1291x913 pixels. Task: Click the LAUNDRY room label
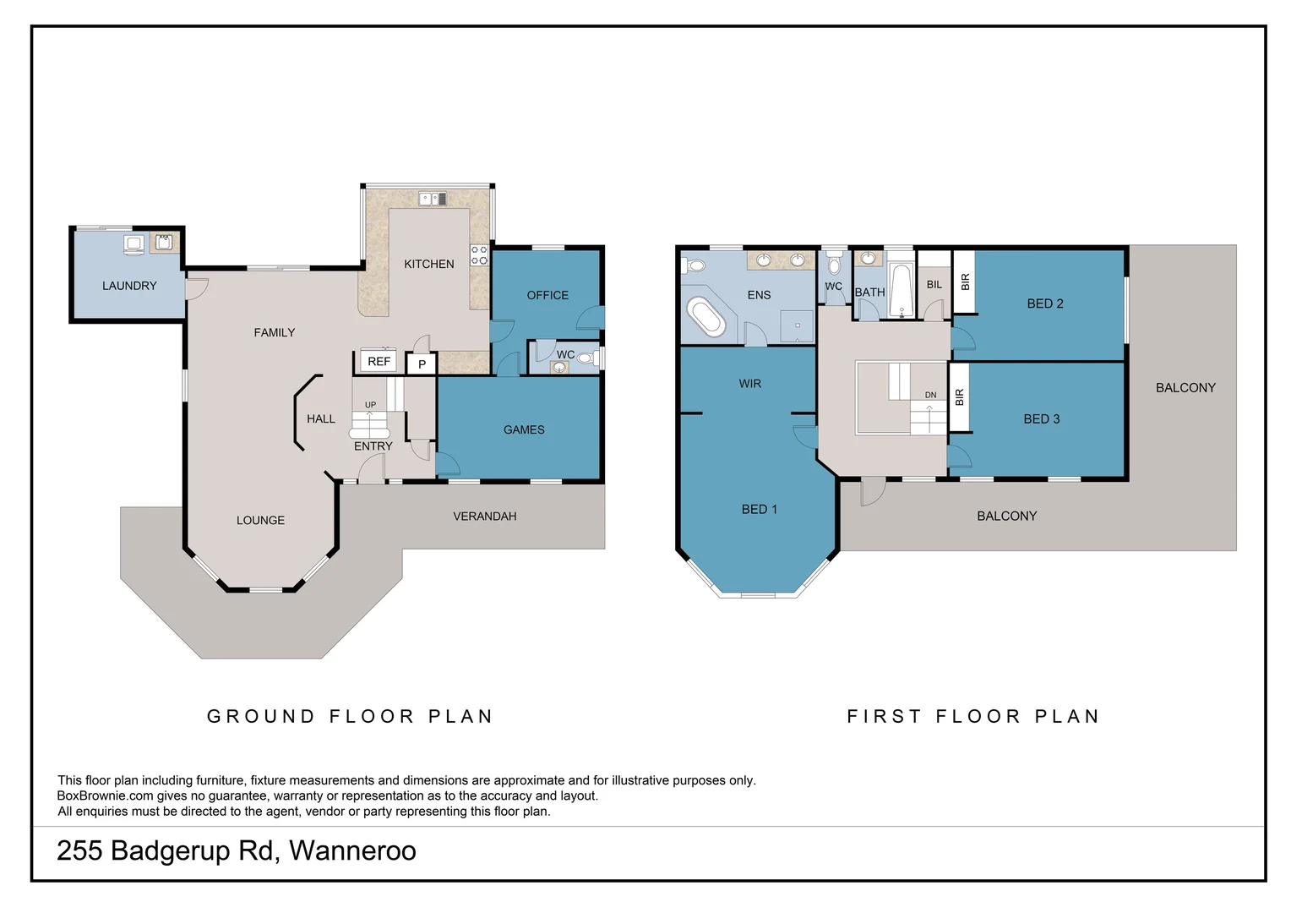(129, 286)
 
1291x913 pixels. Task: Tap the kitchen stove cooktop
(479, 255)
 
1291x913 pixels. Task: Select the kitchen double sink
(433, 200)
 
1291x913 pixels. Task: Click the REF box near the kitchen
(379, 361)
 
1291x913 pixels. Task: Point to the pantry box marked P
(422, 364)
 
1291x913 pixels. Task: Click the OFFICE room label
(547, 295)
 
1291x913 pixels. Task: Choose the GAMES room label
(524, 429)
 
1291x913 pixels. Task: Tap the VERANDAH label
(484, 516)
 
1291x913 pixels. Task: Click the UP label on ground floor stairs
(370, 405)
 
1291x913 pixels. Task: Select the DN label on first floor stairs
(930, 395)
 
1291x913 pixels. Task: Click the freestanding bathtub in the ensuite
(705, 318)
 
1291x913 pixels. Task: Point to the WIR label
(749, 384)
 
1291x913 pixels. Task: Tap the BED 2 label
(1044, 303)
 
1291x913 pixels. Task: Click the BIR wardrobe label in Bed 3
(959, 397)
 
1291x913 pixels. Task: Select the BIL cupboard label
(934, 285)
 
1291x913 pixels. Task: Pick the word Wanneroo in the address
(352, 850)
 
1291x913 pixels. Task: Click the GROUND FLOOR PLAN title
(350, 716)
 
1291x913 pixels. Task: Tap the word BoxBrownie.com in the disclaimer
(105, 795)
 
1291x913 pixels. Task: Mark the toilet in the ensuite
(695, 265)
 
